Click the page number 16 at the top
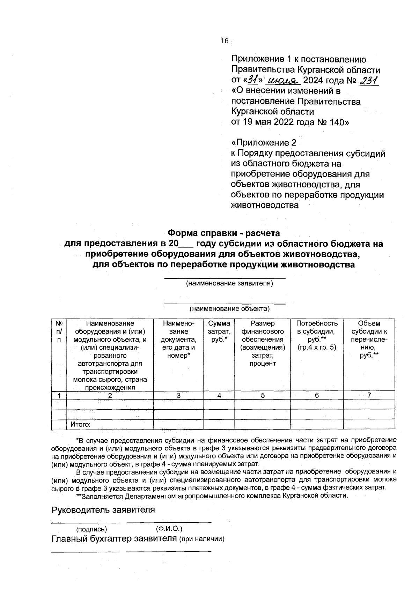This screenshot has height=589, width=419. tap(224, 41)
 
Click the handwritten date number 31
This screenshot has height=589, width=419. tap(253, 80)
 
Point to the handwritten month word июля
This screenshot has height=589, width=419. tap(283, 81)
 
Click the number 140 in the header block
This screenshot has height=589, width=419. tap(335, 122)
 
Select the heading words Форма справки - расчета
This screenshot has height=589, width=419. tap(224, 232)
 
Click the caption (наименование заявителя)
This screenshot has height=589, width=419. tap(229, 283)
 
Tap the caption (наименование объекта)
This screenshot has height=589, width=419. tap(229, 308)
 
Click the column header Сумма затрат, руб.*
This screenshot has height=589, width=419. tap(219, 331)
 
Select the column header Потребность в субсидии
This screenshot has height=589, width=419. tap(317, 331)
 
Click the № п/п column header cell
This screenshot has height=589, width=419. tap(59, 331)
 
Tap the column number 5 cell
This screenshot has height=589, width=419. tap(263, 395)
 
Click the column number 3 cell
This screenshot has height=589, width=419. tap(178, 395)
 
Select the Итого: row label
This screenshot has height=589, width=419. tap(81, 425)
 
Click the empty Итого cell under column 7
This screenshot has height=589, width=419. tap(369, 425)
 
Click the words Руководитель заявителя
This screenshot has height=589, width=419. tap(103, 510)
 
